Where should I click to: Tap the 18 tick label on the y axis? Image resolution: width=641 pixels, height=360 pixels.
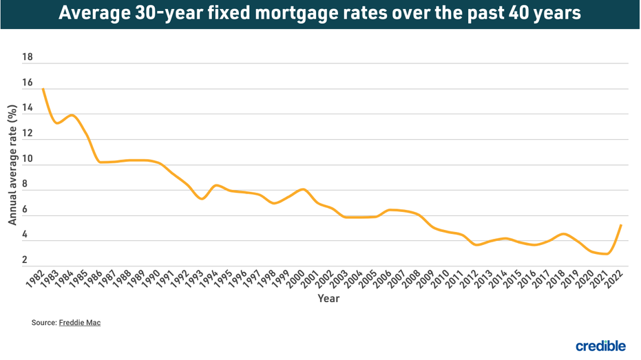pyautogui.click(x=28, y=57)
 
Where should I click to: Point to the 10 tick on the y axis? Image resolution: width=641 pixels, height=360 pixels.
pyautogui.click(x=28, y=158)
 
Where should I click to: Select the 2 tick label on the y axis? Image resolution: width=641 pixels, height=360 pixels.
pyautogui.click(x=25, y=260)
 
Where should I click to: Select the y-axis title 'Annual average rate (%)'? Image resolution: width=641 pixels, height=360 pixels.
pyautogui.click(x=12, y=165)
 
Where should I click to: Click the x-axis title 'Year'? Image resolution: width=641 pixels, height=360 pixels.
pyautogui.click(x=328, y=299)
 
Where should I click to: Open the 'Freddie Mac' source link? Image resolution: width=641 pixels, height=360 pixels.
pyautogui.click(x=80, y=322)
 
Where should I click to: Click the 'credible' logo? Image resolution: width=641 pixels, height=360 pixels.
pyautogui.click(x=600, y=346)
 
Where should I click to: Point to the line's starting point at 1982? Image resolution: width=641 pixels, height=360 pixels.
pyautogui.click(x=43, y=89)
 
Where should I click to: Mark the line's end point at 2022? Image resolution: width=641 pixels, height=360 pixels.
pyautogui.click(x=622, y=225)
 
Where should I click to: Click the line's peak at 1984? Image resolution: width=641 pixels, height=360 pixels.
pyautogui.click(x=72, y=115)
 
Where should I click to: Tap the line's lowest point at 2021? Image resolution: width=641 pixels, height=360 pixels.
pyautogui.click(x=607, y=253)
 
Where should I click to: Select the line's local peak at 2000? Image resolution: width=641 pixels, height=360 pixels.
pyautogui.click(x=303, y=189)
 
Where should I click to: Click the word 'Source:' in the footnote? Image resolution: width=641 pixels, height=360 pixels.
pyautogui.click(x=44, y=322)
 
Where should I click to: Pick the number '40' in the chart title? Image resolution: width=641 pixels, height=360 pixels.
pyautogui.click(x=516, y=14)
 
